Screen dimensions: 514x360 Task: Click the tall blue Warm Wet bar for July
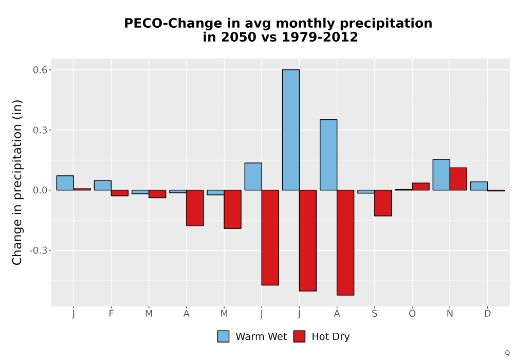[x=291, y=130]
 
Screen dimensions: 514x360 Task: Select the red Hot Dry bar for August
[x=345, y=243]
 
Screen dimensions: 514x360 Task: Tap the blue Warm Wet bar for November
[x=441, y=175]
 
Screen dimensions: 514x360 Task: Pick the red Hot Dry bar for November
[x=458, y=179]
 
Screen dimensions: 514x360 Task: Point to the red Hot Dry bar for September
[x=383, y=203]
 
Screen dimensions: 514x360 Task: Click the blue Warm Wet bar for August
[x=328, y=155]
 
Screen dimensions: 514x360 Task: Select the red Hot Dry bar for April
[x=195, y=208]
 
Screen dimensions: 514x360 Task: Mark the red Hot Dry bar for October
[x=420, y=187]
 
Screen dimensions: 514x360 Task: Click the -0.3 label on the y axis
[x=39, y=250]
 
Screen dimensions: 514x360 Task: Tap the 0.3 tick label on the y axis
[x=40, y=130]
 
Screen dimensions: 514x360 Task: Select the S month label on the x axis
[x=374, y=314]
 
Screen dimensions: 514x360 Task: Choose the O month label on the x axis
[x=412, y=314]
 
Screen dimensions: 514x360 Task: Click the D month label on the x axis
[x=487, y=314]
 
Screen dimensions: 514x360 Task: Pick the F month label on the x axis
[x=111, y=314]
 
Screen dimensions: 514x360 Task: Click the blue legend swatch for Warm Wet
[x=223, y=336]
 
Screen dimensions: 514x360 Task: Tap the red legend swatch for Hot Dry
[x=299, y=336]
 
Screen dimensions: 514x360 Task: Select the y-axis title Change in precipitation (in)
[x=17, y=182]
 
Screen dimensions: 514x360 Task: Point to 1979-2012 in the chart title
[x=320, y=37]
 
